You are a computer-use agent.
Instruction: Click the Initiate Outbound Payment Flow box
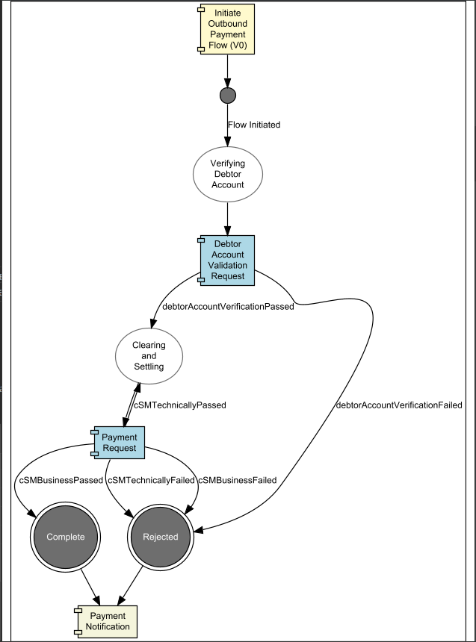pos(227,28)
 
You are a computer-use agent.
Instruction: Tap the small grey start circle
pos(228,96)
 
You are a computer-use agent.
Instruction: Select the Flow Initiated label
pos(254,125)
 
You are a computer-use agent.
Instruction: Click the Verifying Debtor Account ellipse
pos(227,174)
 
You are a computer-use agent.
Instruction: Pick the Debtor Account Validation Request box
pos(227,259)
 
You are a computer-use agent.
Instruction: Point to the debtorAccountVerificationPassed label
pos(228,306)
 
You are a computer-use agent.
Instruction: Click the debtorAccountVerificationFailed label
pos(399,405)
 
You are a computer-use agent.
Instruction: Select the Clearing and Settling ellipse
pos(149,356)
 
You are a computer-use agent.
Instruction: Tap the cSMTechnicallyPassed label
pos(180,405)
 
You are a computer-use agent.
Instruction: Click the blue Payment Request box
pos(119,442)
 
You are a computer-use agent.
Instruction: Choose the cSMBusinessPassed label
pos(59,480)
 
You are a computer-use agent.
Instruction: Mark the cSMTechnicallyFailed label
pos(151,480)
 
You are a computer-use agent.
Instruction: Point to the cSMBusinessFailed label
pos(238,480)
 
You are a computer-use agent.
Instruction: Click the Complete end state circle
pos(66,537)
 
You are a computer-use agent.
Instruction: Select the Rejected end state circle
pos(161,537)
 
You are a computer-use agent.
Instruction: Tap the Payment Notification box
pos(108,621)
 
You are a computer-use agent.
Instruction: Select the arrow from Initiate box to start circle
pos(227,70)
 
